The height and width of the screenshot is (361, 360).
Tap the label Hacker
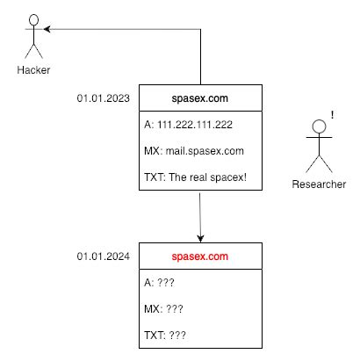[33, 70]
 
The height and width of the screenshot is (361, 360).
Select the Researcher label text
[319, 184]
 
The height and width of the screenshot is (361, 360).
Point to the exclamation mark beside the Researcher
[334, 114]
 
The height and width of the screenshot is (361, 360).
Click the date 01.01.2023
[103, 98]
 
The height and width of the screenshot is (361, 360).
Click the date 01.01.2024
[103, 256]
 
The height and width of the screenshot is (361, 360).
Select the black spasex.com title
[201, 98]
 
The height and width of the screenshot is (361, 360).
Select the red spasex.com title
[201, 256]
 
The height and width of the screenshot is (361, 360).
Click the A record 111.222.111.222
[188, 126]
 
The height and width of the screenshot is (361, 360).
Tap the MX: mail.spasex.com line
[193, 151]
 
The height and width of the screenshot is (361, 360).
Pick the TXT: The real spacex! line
[195, 177]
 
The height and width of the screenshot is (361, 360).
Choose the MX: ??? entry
[162, 309]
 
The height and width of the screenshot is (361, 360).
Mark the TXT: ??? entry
[164, 336]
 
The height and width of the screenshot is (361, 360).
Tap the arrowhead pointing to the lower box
[201, 237]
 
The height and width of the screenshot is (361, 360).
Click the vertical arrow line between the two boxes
[201, 215]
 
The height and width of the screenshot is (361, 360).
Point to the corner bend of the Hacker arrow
[201, 30]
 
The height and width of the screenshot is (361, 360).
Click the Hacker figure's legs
[34, 52]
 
